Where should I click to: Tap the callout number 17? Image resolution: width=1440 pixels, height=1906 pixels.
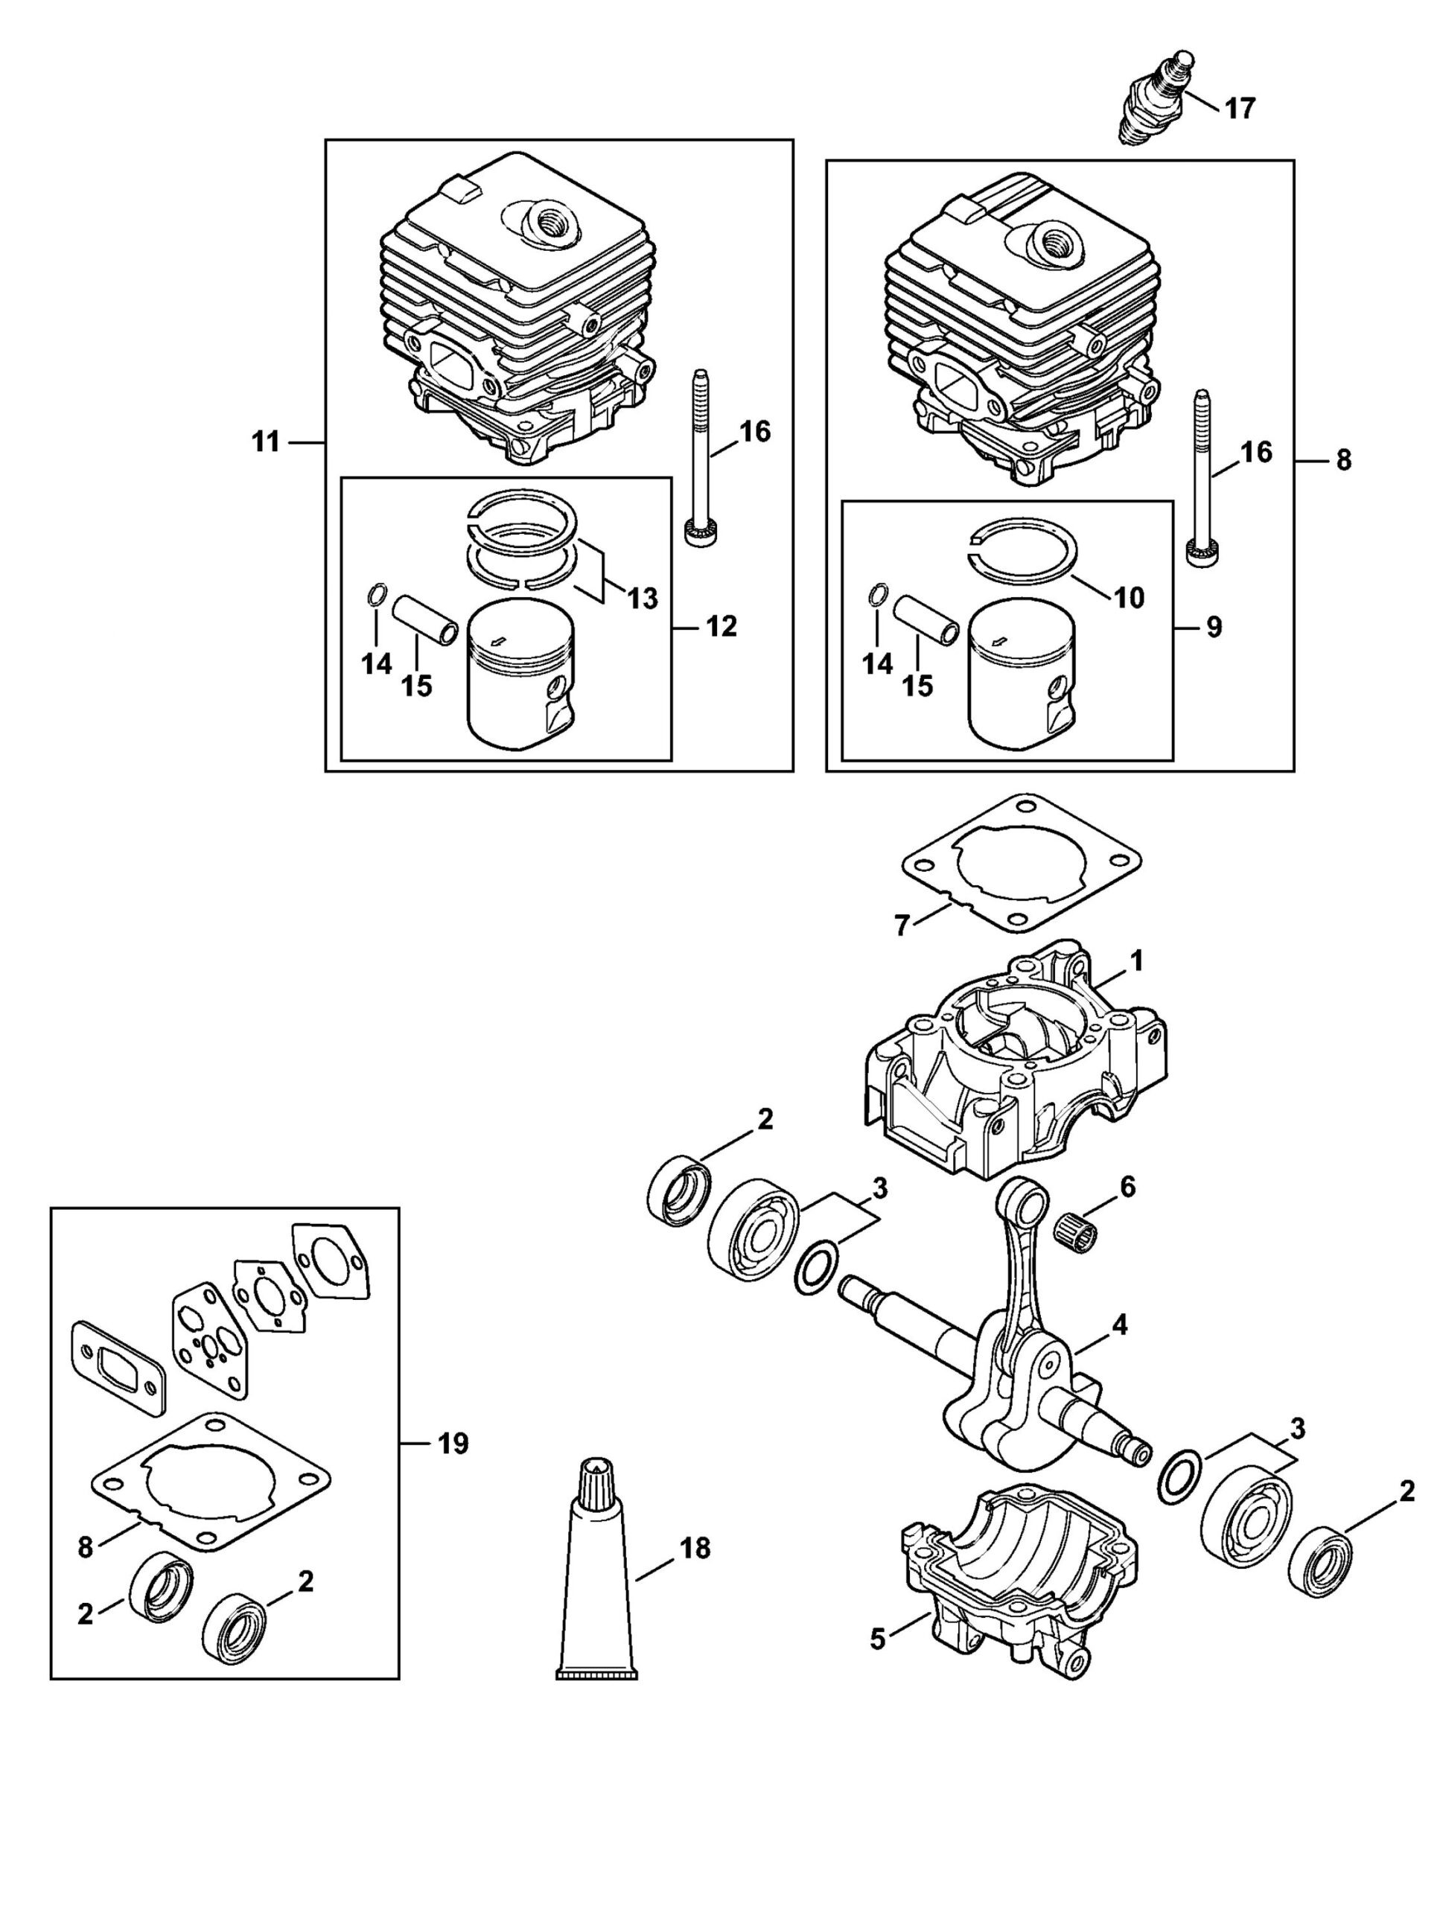click(x=1240, y=109)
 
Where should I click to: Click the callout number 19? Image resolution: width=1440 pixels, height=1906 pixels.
click(x=453, y=1444)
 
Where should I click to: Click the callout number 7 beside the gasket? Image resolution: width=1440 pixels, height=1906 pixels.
click(x=902, y=926)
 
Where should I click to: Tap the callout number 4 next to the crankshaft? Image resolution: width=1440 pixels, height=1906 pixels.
click(x=1119, y=1326)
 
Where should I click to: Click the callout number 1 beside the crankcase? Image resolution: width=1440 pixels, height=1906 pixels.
click(x=1137, y=960)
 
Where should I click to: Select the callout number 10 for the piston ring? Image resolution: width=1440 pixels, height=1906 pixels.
click(x=1130, y=597)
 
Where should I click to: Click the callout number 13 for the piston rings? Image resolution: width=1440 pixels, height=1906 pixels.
click(x=642, y=598)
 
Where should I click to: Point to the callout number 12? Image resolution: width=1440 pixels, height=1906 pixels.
click(x=721, y=626)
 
